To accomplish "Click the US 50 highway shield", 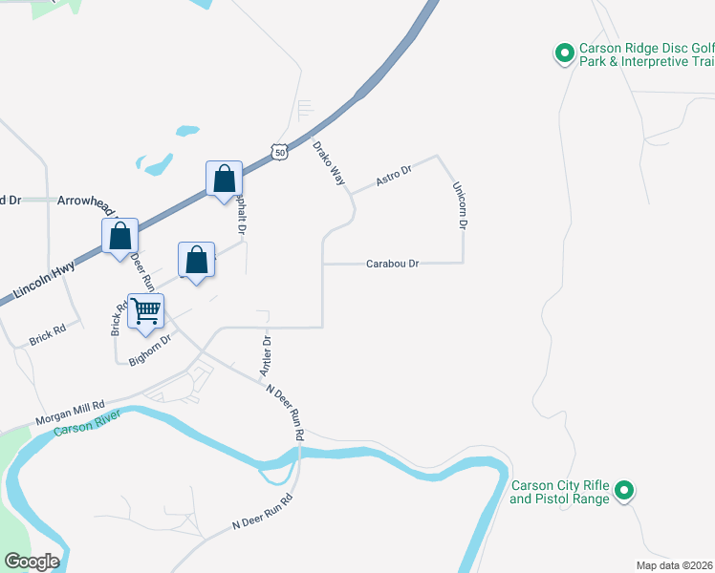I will click(x=278, y=152).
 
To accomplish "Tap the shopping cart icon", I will click(x=145, y=309).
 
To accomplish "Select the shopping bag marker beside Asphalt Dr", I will click(x=223, y=178).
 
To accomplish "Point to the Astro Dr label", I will click(x=393, y=176).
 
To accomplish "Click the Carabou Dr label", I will click(x=393, y=264).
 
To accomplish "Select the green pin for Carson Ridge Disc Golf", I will click(x=563, y=53).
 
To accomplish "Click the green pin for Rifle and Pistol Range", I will click(x=624, y=491).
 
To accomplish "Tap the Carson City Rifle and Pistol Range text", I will click(x=559, y=492).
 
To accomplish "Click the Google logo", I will click(x=31, y=561).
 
